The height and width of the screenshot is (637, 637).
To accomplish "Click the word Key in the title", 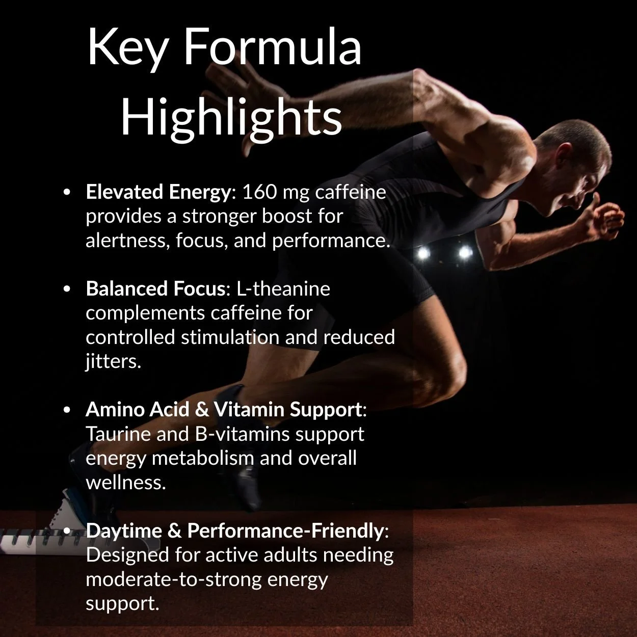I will [x=127, y=47].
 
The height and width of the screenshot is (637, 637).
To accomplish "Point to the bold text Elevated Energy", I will [x=158, y=192].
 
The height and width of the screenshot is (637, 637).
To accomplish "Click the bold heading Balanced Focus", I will [x=155, y=289].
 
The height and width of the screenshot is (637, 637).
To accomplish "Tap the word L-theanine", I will [x=283, y=289].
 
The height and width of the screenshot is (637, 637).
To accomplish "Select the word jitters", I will [x=113, y=361].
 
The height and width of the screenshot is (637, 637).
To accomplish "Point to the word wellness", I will [x=125, y=482].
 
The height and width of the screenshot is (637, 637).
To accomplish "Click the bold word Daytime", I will [x=124, y=530].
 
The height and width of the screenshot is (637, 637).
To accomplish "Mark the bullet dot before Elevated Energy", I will [x=67, y=193].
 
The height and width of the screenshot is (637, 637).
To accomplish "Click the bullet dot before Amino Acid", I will [x=67, y=410].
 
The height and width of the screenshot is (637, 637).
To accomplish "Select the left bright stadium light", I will [x=422, y=252].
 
